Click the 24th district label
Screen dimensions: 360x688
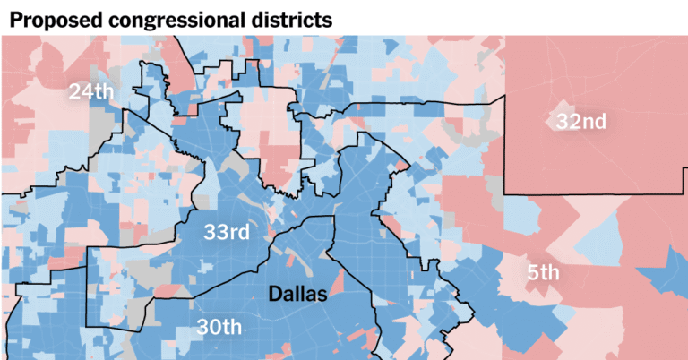(x=92, y=91)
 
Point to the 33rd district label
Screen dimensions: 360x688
(x=226, y=233)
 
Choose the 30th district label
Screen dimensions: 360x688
(x=219, y=327)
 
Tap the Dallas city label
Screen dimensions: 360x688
(x=299, y=293)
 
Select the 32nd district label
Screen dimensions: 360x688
(x=580, y=122)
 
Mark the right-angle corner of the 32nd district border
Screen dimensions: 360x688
(x=505, y=193)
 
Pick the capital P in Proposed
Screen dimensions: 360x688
(x=15, y=18)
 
